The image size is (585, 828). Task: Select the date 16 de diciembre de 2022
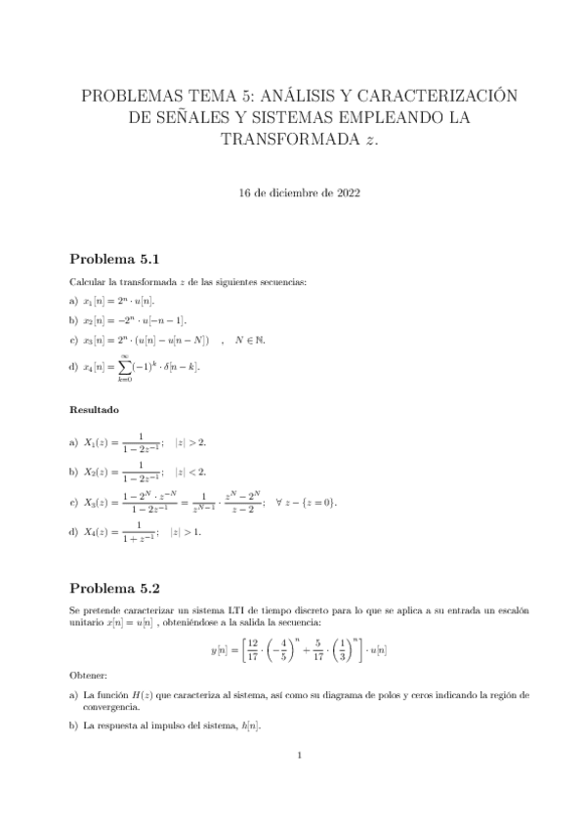click(300, 193)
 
